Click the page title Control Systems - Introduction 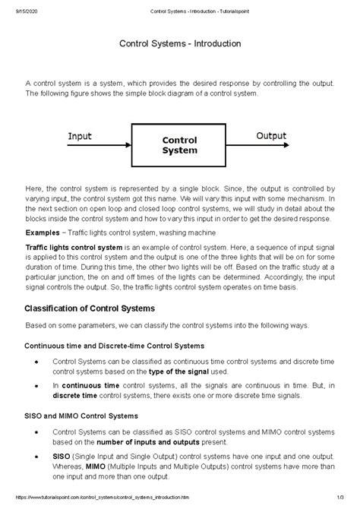(179, 46)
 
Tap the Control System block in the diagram (180, 145)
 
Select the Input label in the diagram (80, 136)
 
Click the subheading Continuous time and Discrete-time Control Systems (115, 346)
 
